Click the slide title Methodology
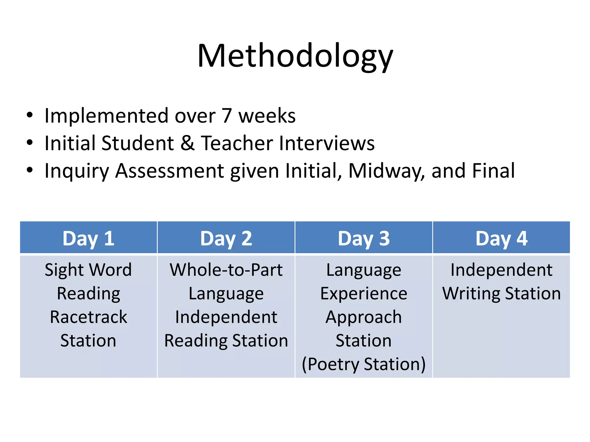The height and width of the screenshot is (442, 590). pyautogui.click(x=295, y=56)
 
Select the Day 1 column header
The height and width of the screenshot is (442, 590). pyautogui.click(x=88, y=239)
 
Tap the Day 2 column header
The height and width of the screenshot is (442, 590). pyautogui.click(x=226, y=239)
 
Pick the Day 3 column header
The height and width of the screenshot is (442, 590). pyautogui.click(x=364, y=239)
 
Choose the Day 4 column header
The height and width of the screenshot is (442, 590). pyautogui.click(x=501, y=239)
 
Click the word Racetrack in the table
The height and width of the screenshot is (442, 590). pyautogui.click(x=88, y=317)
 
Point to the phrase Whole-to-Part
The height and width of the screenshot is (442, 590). pyautogui.click(x=226, y=270)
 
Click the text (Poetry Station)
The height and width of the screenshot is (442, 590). pyautogui.click(x=364, y=364)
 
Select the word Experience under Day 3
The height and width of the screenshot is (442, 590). pyautogui.click(x=364, y=294)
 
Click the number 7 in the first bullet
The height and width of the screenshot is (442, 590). pyautogui.click(x=227, y=116)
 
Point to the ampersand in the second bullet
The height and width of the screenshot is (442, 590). pyautogui.click(x=187, y=143)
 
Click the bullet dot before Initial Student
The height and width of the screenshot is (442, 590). pyautogui.click(x=30, y=142)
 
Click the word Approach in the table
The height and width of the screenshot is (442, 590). pyautogui.click(x=364, y=317)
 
